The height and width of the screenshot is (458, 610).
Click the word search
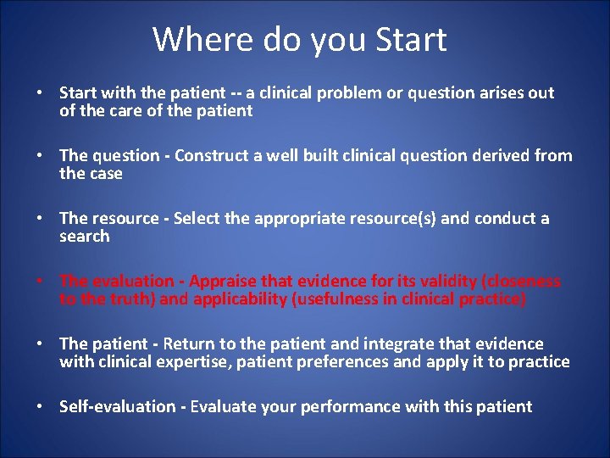pyautogui.click(x=84, y=237)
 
